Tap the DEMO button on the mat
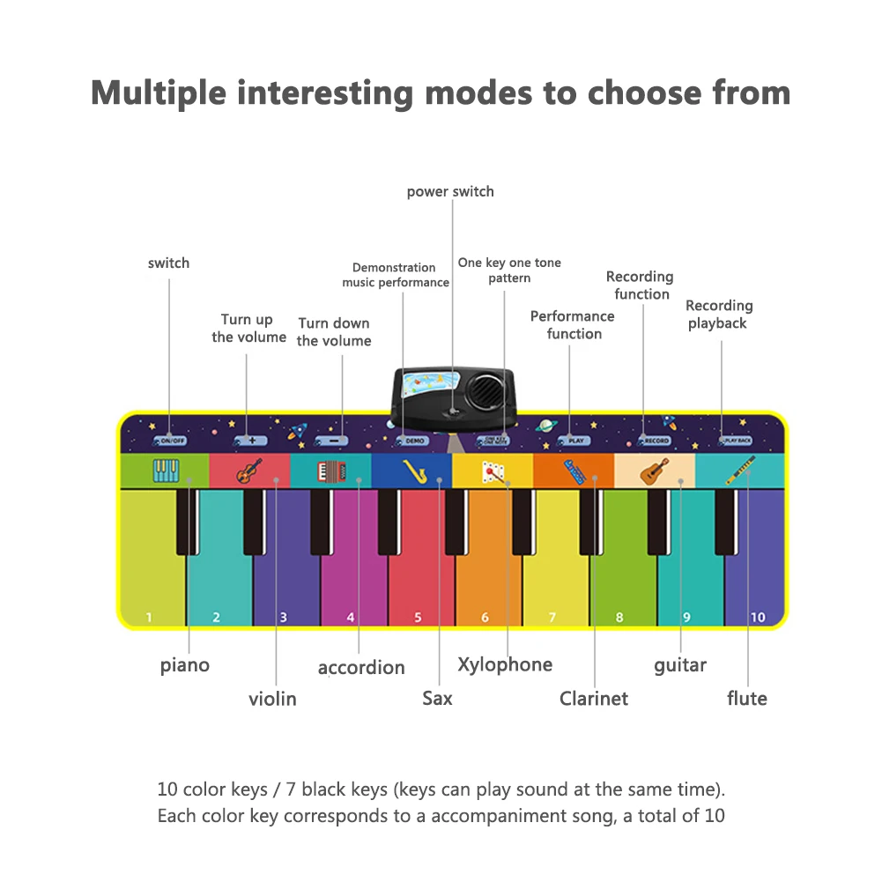(412, 440)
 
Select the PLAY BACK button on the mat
(736, 440)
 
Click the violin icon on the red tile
(248, 471)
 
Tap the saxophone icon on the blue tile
(414, 471)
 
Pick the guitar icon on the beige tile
(655, 471)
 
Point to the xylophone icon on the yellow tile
(493, 472)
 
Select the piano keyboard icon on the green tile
(166, 471)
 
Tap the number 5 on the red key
(418, 618)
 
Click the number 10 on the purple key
(758, 618)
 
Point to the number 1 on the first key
(149, 618)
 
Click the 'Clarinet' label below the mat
(594, 699)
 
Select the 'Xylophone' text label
(505, 664)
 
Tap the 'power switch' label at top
(450, 192)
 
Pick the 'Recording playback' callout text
(719, 315)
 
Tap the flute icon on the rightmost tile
(740, 471)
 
